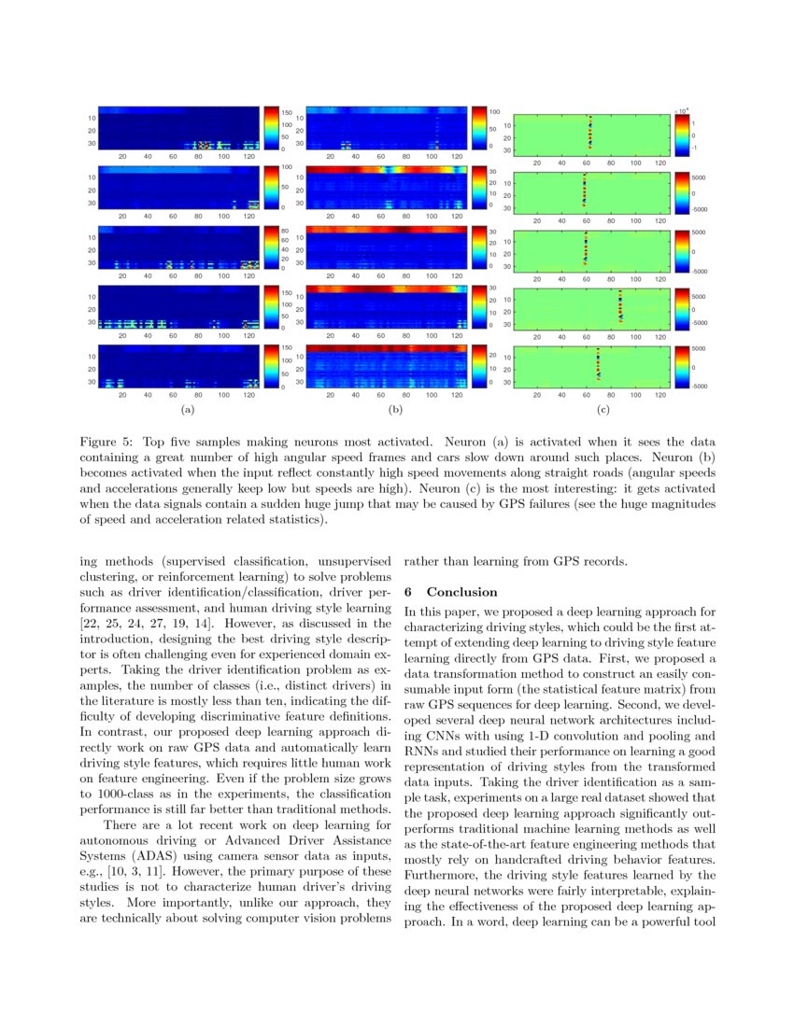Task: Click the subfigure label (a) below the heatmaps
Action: (188, 409)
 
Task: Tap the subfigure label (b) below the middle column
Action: (396, 409)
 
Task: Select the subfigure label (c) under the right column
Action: (604, 409)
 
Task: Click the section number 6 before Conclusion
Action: (408, 592)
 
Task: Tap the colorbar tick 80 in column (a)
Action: (286, 230)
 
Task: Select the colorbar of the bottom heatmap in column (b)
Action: (480, 367)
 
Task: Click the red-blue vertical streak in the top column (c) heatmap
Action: (589, 131)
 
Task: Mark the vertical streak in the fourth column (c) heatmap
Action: (620, 306)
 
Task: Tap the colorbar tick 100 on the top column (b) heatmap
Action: (495, 111)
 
